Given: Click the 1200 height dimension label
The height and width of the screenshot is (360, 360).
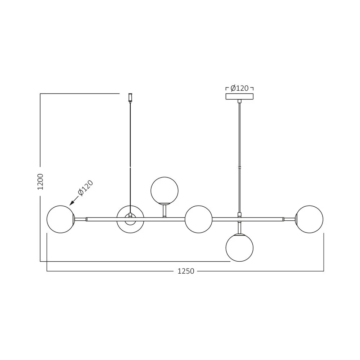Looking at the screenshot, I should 40,181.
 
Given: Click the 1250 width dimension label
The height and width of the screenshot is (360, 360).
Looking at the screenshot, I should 186,271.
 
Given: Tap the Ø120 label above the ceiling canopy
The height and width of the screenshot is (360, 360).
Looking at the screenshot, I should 239,88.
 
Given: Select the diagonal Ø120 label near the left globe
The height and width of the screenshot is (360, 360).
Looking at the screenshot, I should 86,188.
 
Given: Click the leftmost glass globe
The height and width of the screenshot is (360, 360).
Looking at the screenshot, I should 60,219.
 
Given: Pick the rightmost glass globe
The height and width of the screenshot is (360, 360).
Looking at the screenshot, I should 309,219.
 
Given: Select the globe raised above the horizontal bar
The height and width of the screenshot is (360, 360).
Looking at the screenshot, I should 165,190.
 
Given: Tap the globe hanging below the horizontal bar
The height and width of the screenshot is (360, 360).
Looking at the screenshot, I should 239,248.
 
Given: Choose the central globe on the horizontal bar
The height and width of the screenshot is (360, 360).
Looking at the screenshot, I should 198,219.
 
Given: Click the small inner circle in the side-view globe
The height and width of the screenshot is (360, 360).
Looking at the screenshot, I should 130,219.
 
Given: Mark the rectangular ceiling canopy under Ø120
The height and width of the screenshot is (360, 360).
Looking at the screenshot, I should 239,96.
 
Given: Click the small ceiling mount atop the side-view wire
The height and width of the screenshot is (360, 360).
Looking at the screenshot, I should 130,97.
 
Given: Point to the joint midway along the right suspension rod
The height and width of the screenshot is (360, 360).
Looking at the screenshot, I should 239,167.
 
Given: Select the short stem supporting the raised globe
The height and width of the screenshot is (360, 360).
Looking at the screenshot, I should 165,210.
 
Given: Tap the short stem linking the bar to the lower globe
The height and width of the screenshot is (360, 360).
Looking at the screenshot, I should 239,228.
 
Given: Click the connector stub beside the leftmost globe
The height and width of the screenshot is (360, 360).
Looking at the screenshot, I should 80,219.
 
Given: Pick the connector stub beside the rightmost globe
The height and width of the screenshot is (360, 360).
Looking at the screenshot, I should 289,219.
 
